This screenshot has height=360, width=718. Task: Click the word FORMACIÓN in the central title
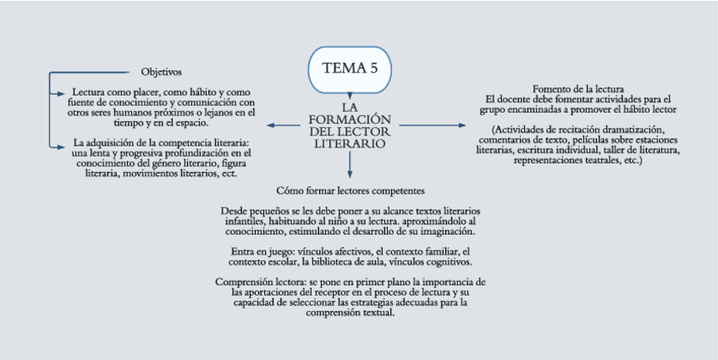tap(350, 120)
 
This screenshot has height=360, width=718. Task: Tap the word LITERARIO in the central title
tap(350, 145)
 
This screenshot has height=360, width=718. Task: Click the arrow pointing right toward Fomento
tap(432, 125)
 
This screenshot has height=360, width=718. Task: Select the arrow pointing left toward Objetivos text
tap(279, 125)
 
